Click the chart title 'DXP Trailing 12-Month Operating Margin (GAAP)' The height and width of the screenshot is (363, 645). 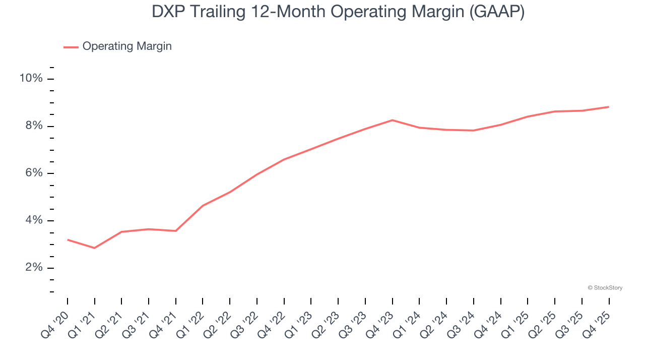tap(338, 12)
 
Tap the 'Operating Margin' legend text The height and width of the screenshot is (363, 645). tap(127, 46)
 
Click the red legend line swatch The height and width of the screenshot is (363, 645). tap(71, 47)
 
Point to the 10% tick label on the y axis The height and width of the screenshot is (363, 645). tap(31, 79)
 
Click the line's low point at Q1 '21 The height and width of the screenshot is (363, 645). tap(94, 248)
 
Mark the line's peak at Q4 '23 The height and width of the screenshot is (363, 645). tap(393, 120)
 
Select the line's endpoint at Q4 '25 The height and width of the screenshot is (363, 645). tap(609, 107)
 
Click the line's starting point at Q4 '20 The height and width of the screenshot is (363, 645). tap(68, 239)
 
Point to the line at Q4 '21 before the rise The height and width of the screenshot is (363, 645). tap(175, 231)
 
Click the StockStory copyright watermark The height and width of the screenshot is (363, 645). tap(605, 288)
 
